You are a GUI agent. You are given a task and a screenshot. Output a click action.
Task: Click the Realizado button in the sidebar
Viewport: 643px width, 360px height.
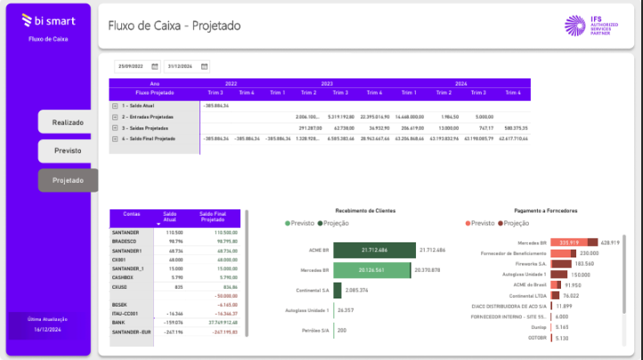point(68,122)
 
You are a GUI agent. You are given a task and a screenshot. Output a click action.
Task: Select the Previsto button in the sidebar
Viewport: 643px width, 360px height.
point(68,151)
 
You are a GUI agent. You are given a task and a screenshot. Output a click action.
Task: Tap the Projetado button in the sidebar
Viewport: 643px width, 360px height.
point(68,180)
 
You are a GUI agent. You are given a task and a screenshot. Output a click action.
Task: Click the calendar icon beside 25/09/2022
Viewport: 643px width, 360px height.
point(154,66)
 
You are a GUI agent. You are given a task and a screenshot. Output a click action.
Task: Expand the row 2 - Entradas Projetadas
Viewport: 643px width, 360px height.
point(115,117)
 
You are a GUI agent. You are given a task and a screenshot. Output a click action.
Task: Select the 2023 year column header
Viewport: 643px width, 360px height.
point(327,83)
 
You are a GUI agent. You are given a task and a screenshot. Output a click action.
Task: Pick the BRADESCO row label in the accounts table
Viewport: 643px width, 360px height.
point(122,241)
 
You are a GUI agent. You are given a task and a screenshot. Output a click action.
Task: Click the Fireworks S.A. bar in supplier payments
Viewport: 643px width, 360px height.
point(561,264)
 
